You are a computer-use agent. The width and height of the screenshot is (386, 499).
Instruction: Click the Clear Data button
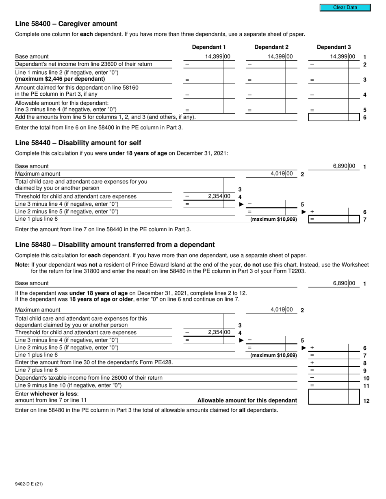tap(345, 7)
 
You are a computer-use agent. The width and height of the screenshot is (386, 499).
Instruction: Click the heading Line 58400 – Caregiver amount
tap(66, 24)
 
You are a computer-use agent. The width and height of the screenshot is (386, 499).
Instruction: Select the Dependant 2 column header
tap(271, 47)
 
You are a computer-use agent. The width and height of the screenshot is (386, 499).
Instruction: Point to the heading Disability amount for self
tap(78, 143)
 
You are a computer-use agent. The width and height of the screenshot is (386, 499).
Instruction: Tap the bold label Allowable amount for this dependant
tap(247, 400)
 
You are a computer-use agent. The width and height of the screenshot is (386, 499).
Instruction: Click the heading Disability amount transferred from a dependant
tap(115, 245)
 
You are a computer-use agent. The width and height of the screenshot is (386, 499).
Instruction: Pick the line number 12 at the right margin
tap(366, 401)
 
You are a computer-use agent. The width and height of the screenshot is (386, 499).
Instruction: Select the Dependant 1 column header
tap(209, 47)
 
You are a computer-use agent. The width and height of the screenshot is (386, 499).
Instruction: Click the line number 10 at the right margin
tap(366, 378)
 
